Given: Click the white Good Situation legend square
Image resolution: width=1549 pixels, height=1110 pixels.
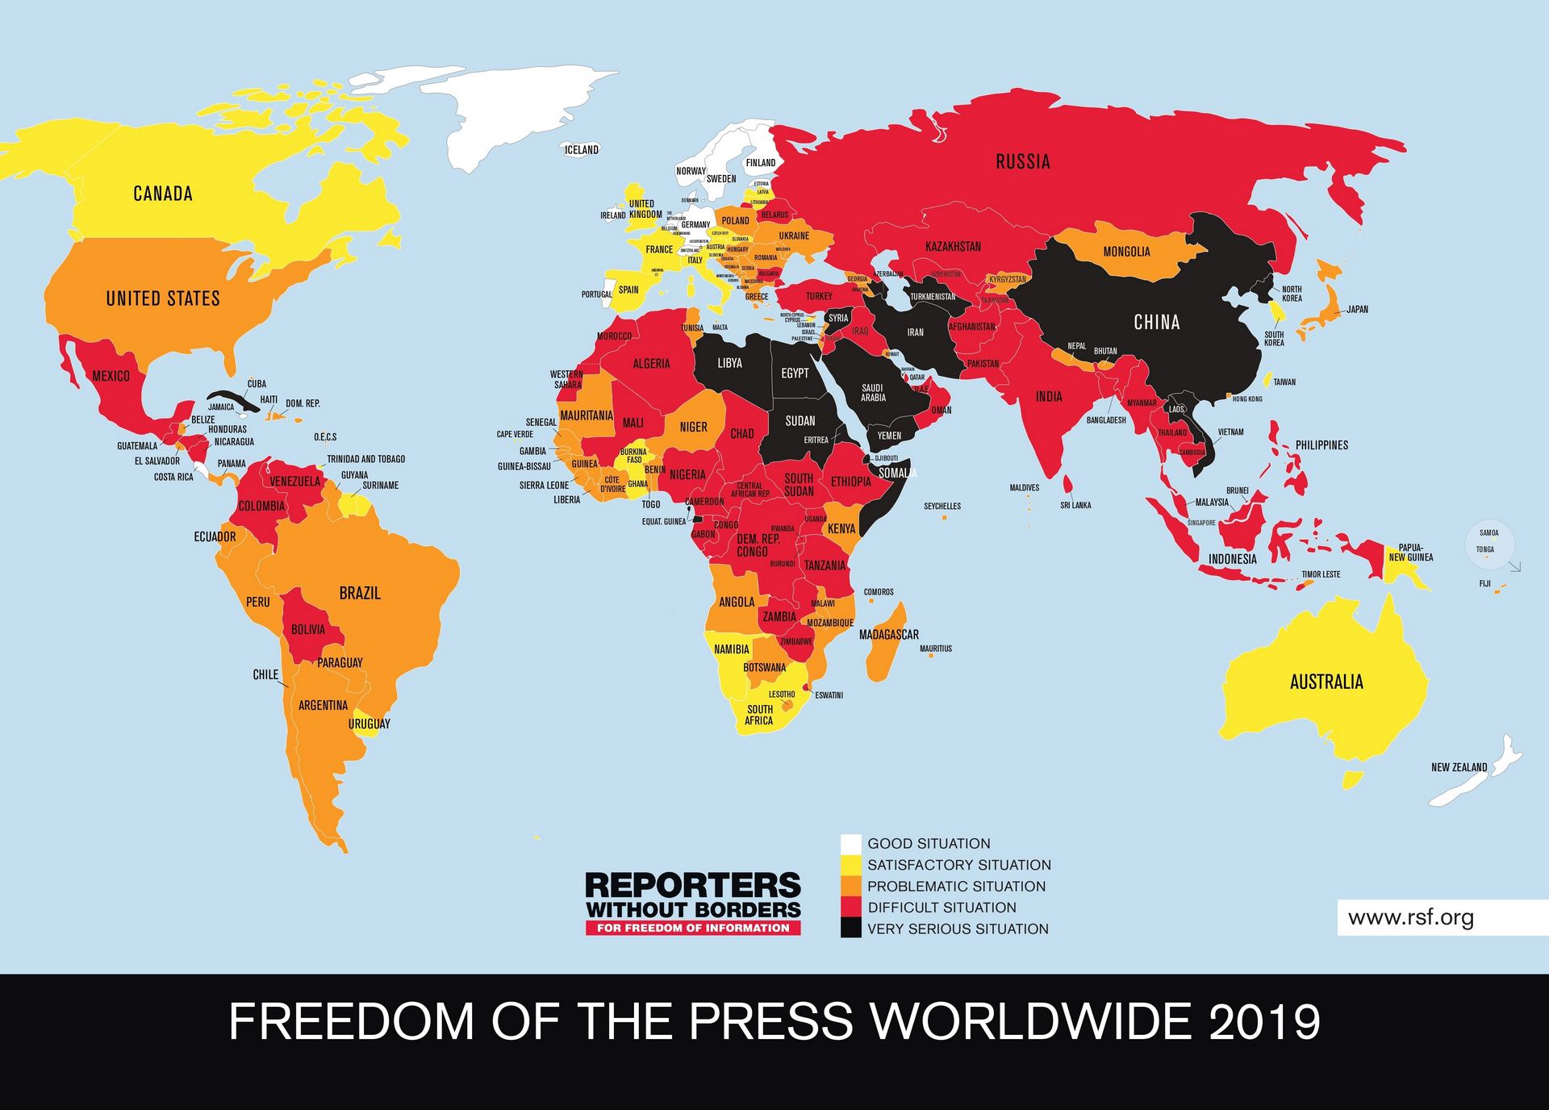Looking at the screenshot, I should tap(850, 844).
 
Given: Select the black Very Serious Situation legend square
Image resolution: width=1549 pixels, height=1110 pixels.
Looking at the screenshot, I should tap(850, 928).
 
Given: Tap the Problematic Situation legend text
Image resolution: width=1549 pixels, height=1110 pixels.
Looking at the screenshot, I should tap(956, 886).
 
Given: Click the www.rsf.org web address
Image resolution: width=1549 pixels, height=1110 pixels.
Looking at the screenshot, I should tap(1410, 917).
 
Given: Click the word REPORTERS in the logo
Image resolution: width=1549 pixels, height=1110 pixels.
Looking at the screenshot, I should tap(693, 886).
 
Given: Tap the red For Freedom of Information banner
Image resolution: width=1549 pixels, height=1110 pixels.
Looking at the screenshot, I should tap(693, 928).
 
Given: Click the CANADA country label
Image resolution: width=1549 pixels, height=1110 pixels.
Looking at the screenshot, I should tap(163, 194).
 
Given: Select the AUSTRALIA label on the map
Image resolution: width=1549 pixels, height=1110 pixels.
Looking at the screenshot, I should tap(1326, 682).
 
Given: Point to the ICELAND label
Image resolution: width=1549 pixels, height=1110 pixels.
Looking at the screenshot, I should tap(581, 149).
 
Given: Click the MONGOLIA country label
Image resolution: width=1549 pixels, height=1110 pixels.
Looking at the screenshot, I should tap(1126, 252).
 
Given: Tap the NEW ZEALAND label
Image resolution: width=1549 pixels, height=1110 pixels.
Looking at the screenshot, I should tap(1459, 767).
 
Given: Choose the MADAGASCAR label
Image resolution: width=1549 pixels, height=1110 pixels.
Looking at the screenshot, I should tap(888, 635).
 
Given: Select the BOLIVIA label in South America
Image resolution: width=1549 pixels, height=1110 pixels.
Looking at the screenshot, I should tap(308, 629).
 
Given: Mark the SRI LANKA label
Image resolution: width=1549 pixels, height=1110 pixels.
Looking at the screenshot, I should tap(1075, 505).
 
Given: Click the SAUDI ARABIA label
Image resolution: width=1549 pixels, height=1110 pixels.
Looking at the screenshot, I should tap(873, 393).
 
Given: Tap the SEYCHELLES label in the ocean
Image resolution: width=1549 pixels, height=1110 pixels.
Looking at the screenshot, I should tap(942, 507).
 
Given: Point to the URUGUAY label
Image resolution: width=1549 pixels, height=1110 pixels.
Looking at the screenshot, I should tap(369, 724).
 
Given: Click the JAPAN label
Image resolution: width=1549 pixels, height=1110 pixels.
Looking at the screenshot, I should tap(1357, 309).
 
